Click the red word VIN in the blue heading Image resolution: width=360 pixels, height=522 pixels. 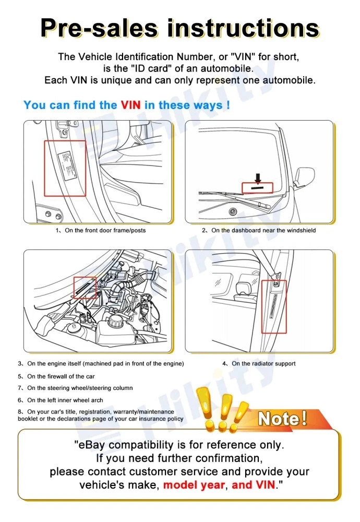130,105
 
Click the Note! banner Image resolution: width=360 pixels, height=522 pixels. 282,419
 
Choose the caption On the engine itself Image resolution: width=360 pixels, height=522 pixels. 104,364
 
